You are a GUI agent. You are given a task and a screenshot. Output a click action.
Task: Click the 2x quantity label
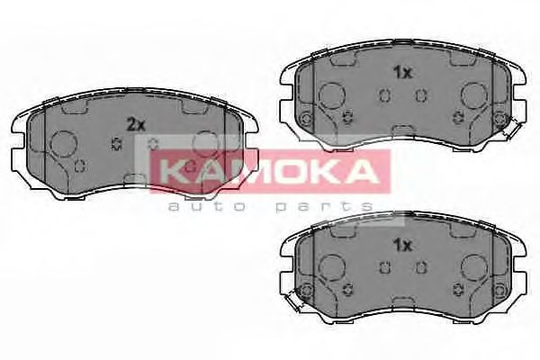pos(136,125)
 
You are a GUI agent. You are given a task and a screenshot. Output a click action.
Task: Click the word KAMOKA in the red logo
pos(269,169)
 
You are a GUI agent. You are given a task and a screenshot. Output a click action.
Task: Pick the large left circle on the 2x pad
pos(64,145)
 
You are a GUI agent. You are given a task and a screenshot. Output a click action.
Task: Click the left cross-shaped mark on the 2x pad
pos(114,145)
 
